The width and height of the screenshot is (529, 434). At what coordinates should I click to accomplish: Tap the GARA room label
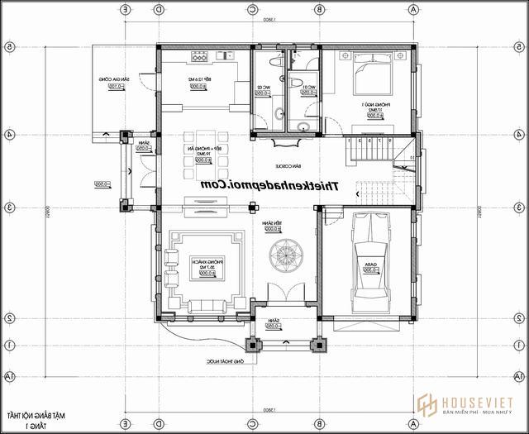(x=364, y=266)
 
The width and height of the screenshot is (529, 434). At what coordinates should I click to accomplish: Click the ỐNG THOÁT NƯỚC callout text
(x=226, y=361)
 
